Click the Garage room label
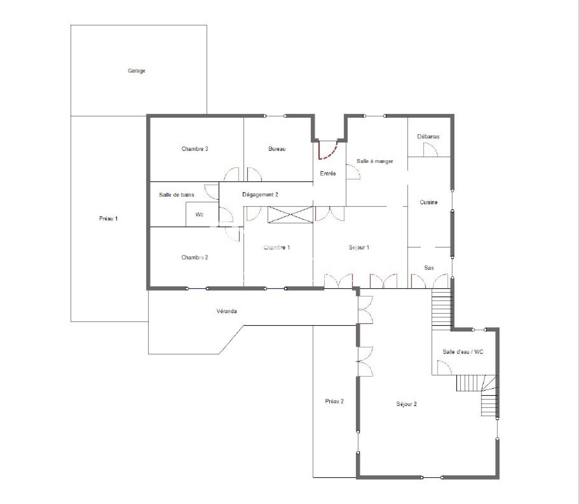[137, 71]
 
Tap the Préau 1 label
[108, 219]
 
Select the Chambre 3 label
[195, 149]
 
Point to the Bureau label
[277, 149]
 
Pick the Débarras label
[428, 136]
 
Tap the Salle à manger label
[375, 161]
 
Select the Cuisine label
[429, 202]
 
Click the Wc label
[199, 215]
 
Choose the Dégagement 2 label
[260, 195]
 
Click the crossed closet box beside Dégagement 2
[290, 215]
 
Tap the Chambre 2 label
[195, 258]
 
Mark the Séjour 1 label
[359, 248]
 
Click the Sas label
[429, 268]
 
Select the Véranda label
[226, 311]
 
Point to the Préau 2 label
[334, 401]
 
